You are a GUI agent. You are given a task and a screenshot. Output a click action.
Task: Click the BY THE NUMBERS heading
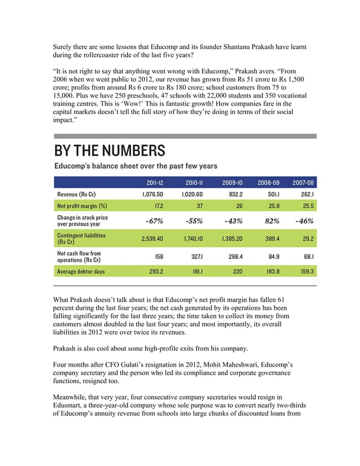(x=109, y=151)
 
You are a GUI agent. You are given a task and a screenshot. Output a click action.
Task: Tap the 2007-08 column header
(x=303, y=183)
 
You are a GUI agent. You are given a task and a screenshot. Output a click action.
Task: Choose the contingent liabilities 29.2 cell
(x=308, y=239)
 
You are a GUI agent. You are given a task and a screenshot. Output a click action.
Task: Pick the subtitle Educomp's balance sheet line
(x=135, y=166)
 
